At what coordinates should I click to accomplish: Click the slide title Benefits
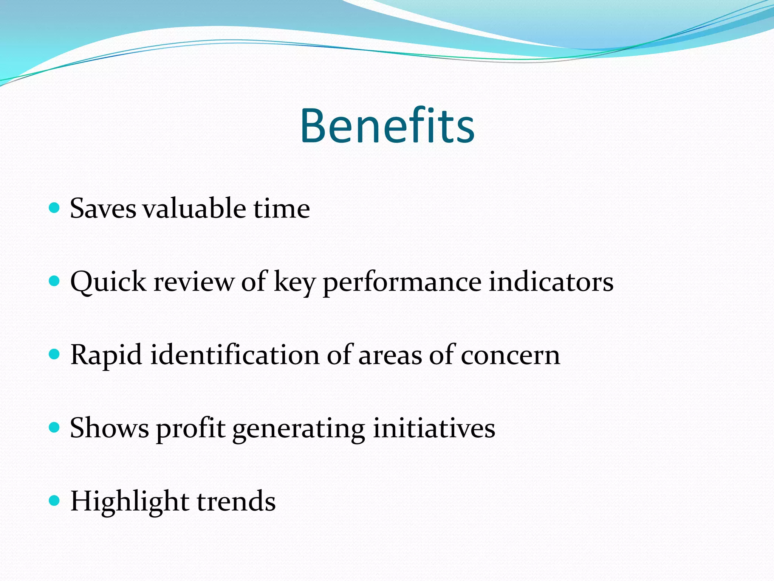(387, 126)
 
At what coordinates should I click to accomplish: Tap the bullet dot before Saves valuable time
(55, 208)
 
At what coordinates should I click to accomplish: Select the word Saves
(103, 208)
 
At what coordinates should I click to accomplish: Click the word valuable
(194, 208)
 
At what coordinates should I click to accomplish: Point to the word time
(282, 208)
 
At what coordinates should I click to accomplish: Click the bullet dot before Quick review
(55, 281)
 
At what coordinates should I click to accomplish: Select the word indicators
(551, 282)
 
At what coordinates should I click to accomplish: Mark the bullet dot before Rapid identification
(55, 354)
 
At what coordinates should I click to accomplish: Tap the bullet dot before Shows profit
(55, 427)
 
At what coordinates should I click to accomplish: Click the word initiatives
(434, 428)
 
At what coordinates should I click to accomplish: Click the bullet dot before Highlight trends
(55, 500)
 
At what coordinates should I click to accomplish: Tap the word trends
(236, 501)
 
